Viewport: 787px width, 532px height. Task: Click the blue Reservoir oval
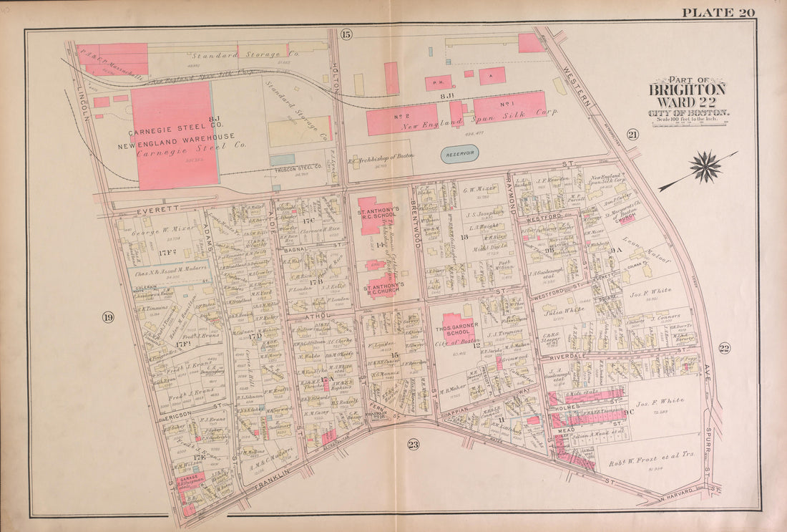click(x=459, y=154)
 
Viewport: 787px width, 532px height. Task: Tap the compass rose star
click(x=705, y=166)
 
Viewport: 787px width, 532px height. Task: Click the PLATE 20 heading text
click(x=718, y=12)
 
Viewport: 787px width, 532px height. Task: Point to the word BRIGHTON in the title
click(x=687, y=91)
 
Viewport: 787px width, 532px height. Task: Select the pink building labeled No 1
click(x=510, y=105)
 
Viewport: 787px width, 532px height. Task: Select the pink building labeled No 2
click(x=402, y=120)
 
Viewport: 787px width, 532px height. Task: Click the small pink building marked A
click(x=492, y=75)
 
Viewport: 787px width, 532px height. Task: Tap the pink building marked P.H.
click(x=438, y=83)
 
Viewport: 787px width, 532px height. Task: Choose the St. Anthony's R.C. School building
click(x=375, y=215)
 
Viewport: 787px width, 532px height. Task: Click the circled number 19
click(x=108, y=318)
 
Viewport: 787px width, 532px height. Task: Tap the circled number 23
click(x=413, y=445)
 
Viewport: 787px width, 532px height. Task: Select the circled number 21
click(x=632, y=135)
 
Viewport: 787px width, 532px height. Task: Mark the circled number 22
click(x=724, y=349)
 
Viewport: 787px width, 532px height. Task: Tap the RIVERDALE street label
click(x=567, y=356)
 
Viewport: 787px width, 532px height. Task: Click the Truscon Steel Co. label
click(x=295, y=170)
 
